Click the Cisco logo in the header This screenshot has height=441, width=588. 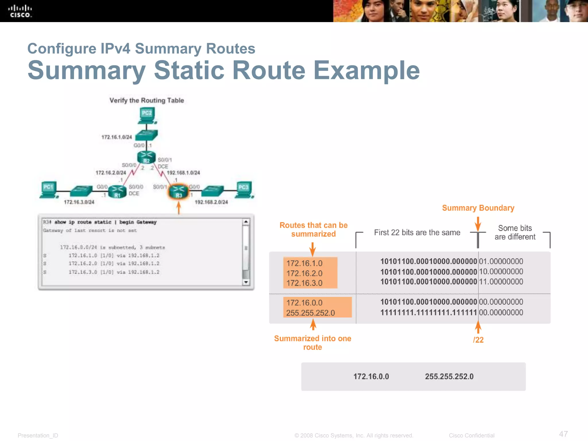[x=20, y=11]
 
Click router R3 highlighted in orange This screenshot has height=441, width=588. [x=178, y=192]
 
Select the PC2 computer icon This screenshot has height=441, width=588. [x=147, y=115]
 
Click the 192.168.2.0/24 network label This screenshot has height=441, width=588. [x=211, y=202]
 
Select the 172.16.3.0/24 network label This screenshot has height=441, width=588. [x=79, y=202]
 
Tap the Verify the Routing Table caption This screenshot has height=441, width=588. [x=146, y=100]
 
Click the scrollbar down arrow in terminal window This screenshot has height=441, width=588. [x=246, y=282]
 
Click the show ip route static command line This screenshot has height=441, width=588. [x=100, y=222]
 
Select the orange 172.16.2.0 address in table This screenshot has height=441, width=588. [x=304, y=273]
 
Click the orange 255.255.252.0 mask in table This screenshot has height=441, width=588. [x=310, y=313]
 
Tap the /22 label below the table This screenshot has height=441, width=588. [x=478, y=340]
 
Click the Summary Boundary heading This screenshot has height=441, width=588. [x=478, y=208]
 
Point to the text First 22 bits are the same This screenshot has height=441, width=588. [x=417, y=233]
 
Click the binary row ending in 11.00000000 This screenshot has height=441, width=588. [x=451, y=282]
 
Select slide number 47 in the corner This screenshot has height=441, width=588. [x=563, y=434]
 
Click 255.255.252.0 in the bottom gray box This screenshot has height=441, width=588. [x=449, y=376]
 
